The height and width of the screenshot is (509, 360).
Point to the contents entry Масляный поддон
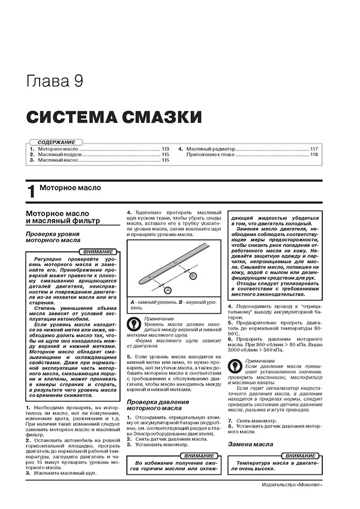(x=58, y=155)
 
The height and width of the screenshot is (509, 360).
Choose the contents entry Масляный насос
(x=56, y=161)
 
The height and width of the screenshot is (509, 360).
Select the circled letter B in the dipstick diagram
(x=194, y=276)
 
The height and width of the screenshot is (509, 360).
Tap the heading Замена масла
(x=250, y=444)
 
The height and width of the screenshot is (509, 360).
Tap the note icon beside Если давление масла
(x=233, y=365)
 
